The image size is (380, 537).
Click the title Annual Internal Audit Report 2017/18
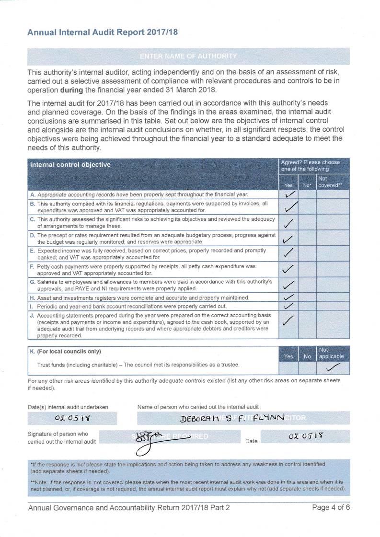pyautogui.click(x=103, y=33)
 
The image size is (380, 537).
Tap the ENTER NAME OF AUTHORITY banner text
pyautogui.click(x=188, y=56)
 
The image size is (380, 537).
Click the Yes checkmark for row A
pyautogui.click(x=289, y=194)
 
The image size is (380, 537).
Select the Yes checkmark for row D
pyautogui.click(x=288, y=239)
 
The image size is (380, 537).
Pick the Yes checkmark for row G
pyautogui.click(x=288, y=285)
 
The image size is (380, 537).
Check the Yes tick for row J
pyautogui.click(x=288, y=320)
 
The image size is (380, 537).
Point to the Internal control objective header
pyautogui.click(x=70, y=165)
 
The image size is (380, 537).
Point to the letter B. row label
pyautogui.click(x=33, y=204)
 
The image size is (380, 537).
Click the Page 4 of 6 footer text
pyautogui.click(x=331, y=508)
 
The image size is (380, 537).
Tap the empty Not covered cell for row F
pyautogui.click(x=333, y=270)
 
